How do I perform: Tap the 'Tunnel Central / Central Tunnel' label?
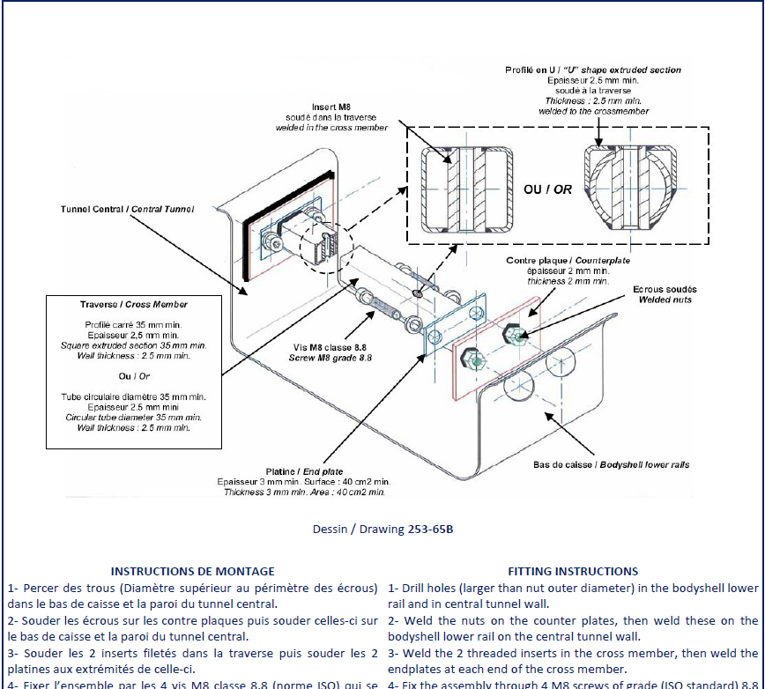[x=127, y=209]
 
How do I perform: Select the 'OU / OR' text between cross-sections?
[x=547, y=189]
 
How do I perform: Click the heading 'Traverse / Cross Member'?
[x=134, y=304]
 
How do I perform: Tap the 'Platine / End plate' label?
[x=304, y=471]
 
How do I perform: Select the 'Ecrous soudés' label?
[x=665, y=289]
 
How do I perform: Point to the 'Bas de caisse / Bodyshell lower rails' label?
[x=612, y=464]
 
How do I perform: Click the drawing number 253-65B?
[x=430, y=530]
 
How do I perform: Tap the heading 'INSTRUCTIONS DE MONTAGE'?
[x=192, y=571]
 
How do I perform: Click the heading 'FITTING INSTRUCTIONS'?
[x=573, y=571]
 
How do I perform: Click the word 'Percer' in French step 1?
[x=40, y=588]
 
